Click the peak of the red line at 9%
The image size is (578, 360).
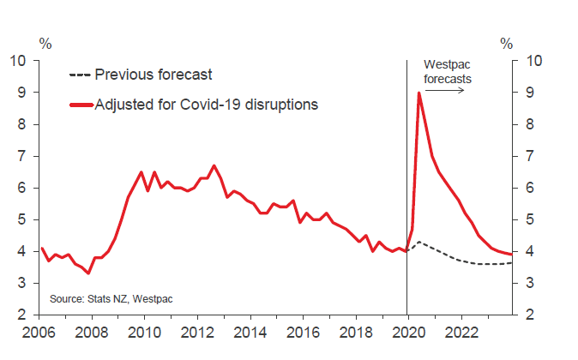point(418,93)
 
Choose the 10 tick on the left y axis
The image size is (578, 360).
point(18,61)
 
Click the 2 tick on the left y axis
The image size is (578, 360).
point(21,315)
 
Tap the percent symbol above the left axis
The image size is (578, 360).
point(45,42)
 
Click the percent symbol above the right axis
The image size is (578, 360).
point(507,42)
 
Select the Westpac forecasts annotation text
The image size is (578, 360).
point(448,72)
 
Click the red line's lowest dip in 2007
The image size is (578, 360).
point(88,273)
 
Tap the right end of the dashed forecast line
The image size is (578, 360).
point(513,262)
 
